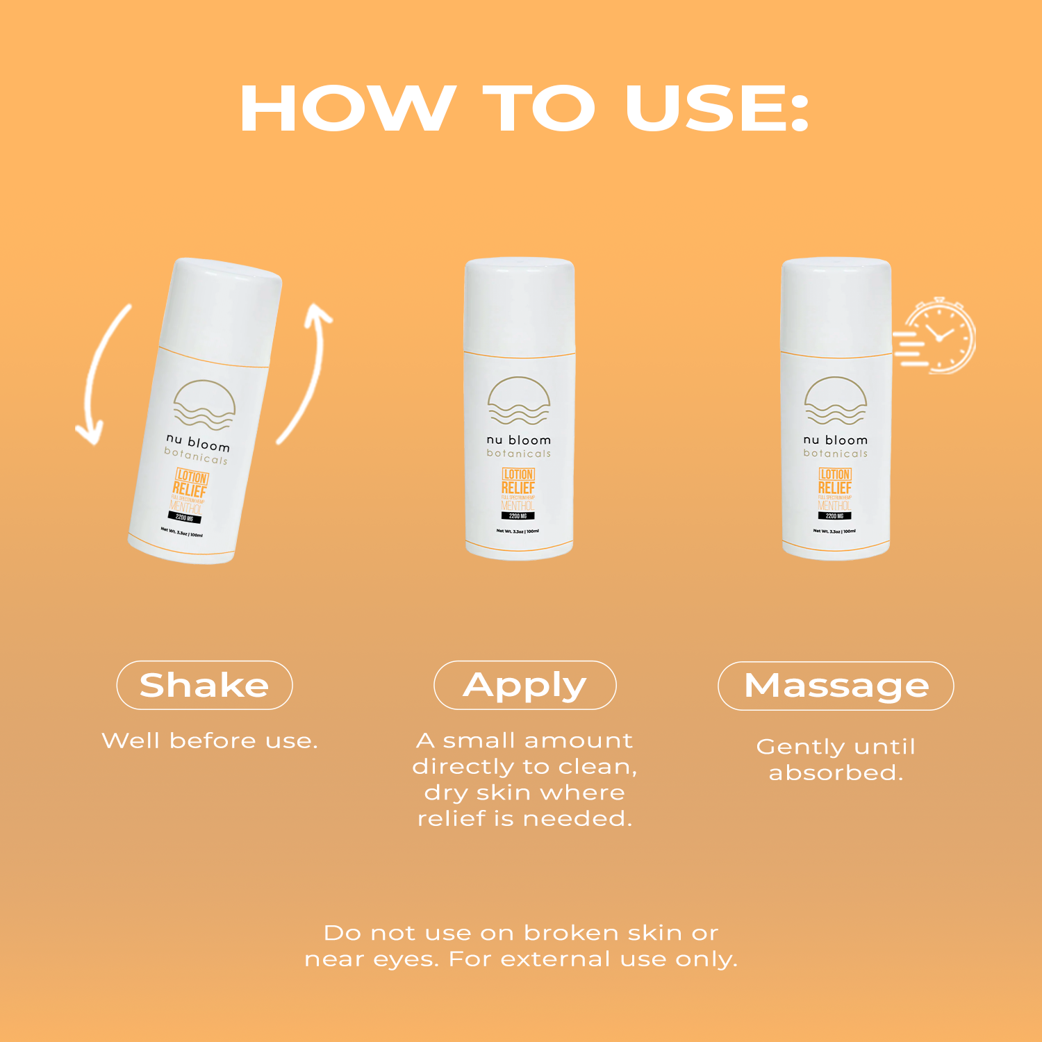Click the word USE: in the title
click(717, 108)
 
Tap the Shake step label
click(204, 685)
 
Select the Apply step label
click(524, 685)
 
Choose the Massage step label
click(836, 686)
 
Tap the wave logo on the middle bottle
click(519, 402)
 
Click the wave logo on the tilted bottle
click(204, 405)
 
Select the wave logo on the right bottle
click(836, 402)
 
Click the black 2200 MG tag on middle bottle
click(518, 516)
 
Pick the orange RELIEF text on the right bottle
click(834, 488)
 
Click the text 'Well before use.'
click(209, 741)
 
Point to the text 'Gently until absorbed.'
click(836, 759)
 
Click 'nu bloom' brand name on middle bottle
click(518, 440)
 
